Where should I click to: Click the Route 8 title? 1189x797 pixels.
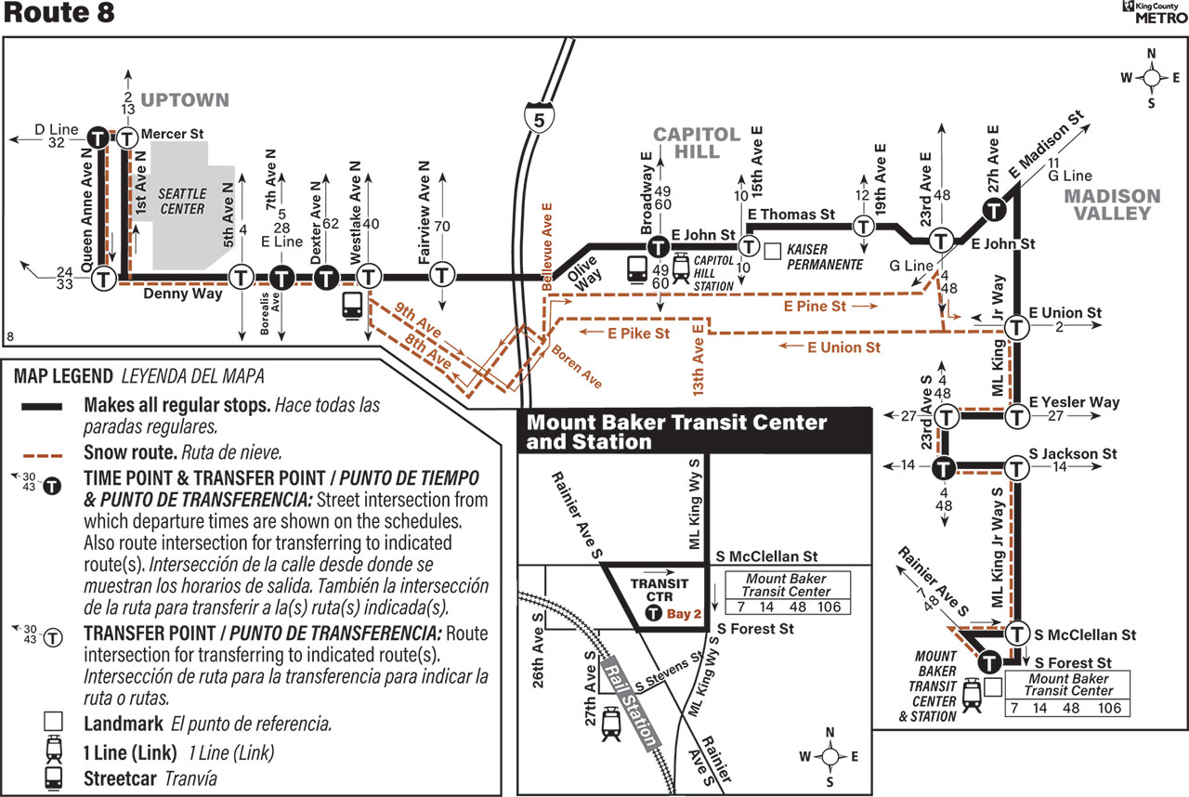59,13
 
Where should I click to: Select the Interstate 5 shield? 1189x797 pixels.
539,119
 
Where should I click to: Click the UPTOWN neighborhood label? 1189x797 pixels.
185,99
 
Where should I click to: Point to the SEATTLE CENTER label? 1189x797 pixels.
182,202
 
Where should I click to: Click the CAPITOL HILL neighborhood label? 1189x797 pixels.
697,143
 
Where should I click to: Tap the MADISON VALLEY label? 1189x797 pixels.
1112,204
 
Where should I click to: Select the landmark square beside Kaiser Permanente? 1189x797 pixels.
772,252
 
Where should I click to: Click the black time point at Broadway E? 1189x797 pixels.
659,247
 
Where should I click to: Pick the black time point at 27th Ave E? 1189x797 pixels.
994,209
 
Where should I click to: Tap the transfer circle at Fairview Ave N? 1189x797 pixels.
441,275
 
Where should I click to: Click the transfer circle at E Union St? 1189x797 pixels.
1016,327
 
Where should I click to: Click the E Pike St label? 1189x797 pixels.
638,333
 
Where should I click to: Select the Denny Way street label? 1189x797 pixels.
183,294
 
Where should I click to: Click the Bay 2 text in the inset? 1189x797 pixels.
684,614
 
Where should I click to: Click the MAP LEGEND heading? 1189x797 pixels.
63,375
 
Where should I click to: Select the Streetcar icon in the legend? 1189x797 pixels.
53,778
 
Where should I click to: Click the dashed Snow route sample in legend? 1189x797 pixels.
43,455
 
